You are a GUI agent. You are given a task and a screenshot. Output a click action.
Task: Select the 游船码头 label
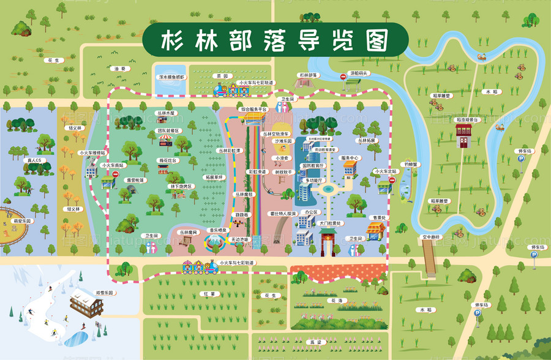[x=359, y=73]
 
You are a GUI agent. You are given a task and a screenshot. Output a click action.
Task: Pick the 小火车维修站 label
[x=92, y=153]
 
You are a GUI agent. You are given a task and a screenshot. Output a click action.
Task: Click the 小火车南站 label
[x=113, y=165]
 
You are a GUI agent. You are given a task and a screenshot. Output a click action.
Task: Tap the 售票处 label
[x=378, y=217]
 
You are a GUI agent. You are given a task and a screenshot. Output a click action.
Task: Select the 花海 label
[x=335, y=301]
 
